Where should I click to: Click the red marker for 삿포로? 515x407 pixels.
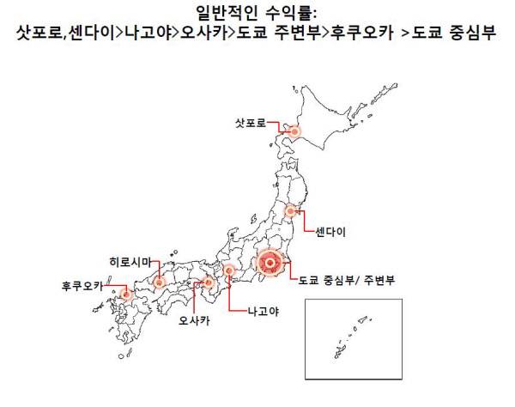coord(294,131)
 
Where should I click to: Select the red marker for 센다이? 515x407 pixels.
coord(291,210)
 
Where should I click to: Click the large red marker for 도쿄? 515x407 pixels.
coord(270,261)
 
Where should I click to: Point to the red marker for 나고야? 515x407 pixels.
coord(230,270)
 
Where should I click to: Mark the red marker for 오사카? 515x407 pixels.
coord(209,282)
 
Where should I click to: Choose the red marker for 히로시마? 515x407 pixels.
coord(159,281)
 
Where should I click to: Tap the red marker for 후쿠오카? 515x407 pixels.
coord(127,294)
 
